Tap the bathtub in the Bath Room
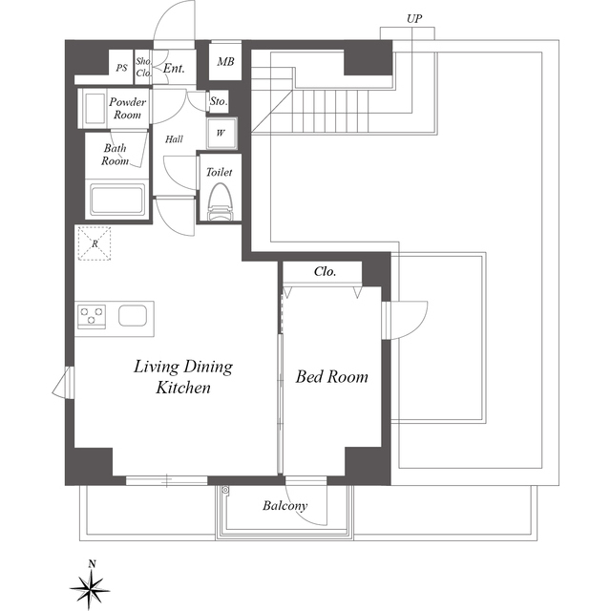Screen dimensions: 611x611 117,200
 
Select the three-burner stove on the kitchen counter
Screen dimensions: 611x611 92,316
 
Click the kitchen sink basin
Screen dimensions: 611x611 133,315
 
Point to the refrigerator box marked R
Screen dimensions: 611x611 95,243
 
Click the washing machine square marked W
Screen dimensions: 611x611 221,134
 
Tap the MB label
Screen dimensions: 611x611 225,61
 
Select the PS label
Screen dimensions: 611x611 121,68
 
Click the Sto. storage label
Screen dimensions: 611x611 219,102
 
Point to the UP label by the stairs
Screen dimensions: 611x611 414,19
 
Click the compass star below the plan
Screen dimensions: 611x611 91,588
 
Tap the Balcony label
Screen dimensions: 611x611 284,506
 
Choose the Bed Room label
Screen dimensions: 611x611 331,377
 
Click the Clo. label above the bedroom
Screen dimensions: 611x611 325,271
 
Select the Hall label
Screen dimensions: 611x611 174,139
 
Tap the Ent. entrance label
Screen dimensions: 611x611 174,69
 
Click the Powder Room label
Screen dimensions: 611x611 127,108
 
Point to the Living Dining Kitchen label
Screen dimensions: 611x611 183,377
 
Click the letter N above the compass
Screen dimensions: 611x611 92,564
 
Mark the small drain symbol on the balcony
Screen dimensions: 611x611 225,490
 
